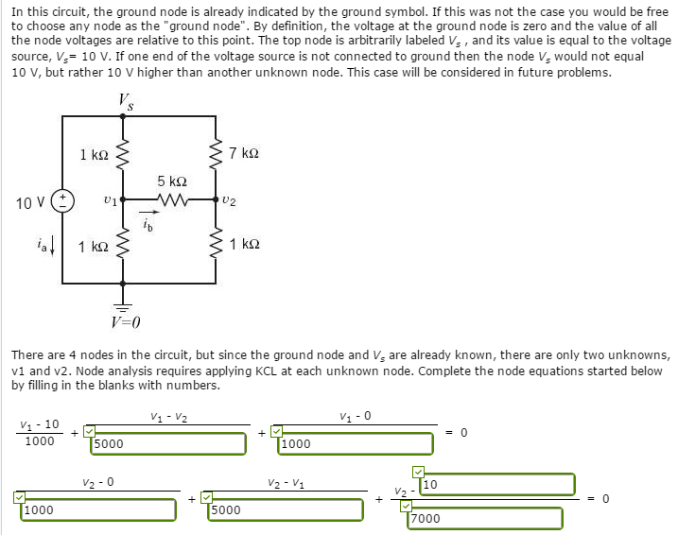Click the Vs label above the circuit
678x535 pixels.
(126, 101)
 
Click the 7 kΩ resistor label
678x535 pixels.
(243, 152)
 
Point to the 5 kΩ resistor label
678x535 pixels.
(172, 180)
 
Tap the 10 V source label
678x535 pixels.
(29, 202)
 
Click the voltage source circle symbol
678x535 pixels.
(63, 200)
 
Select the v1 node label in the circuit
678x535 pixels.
(110, 200)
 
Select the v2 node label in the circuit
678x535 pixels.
(230, 200)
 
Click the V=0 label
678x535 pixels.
(124, 324)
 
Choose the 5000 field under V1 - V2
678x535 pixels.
(170, 440)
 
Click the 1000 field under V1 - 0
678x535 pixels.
(357, 440)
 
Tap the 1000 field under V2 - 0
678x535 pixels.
(98, 509)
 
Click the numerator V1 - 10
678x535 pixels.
(40, 424)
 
